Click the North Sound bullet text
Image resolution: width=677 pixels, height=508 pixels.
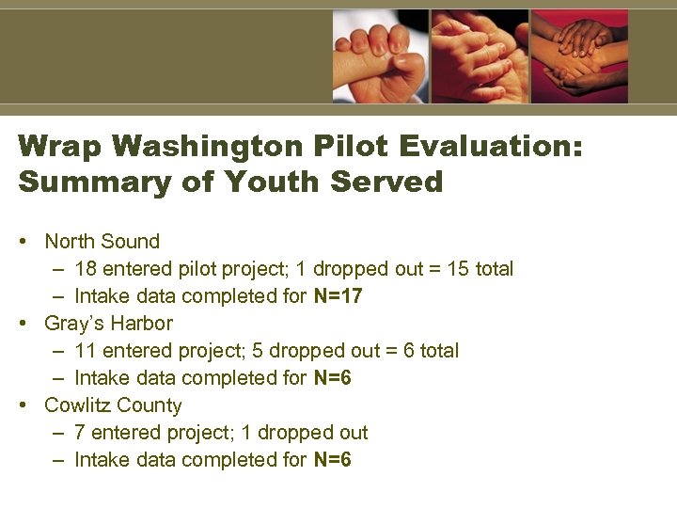(102, 242)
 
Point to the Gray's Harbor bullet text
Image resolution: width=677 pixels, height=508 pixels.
(109, 324)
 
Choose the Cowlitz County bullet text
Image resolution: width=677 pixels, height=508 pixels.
(114, 405)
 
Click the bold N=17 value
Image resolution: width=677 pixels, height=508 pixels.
(338, 296)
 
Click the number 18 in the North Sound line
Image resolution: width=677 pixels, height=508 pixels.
(85, 269)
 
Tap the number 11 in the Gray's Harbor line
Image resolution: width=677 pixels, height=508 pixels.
(85, 351)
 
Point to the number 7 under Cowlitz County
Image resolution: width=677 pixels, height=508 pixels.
(80, 433)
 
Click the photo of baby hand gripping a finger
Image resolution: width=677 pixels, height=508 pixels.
(380, 56)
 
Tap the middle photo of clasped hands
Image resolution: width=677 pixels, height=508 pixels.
(480, 56)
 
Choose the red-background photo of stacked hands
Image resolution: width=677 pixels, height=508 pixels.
(579, 56)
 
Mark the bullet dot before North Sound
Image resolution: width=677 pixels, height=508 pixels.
(23, 243)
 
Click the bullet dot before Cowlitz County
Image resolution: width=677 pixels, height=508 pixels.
(23, 406)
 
